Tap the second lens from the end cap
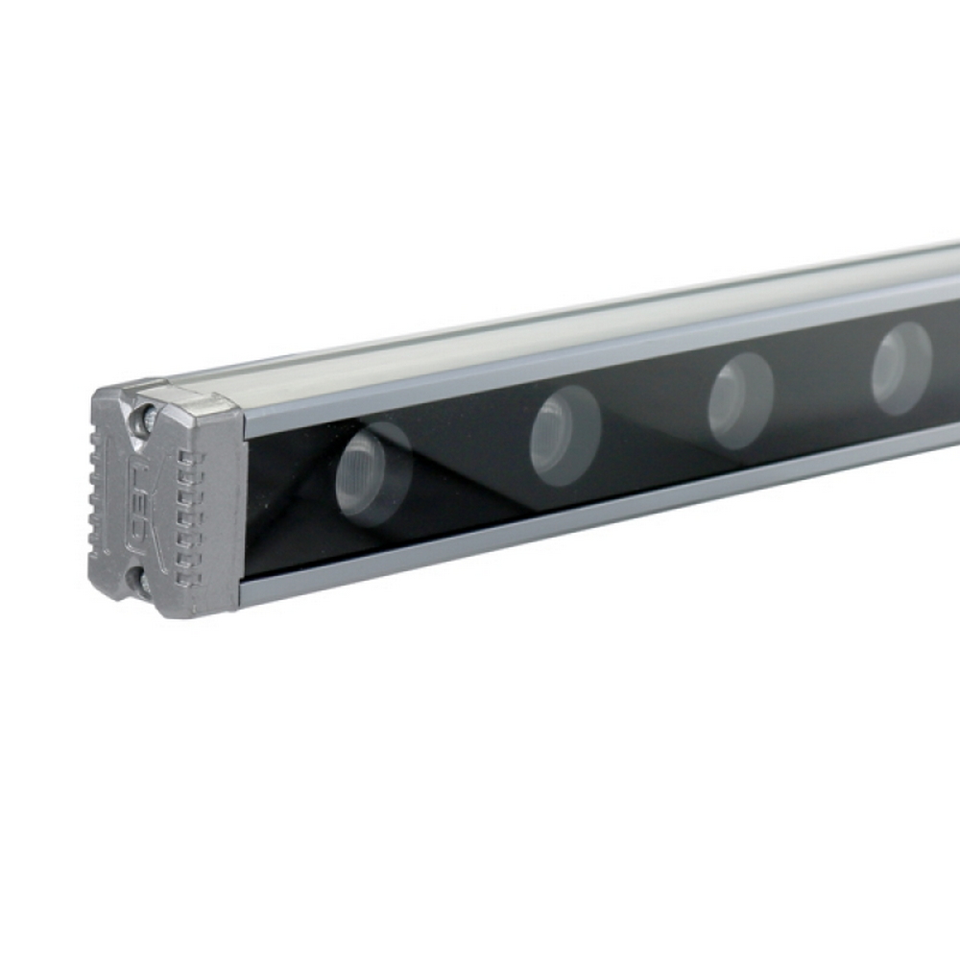point(565,436)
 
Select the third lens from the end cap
point(741,400)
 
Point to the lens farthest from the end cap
point(901,368)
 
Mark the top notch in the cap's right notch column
point(185,458)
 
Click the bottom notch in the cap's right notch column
point(188,580)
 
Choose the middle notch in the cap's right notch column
point(187,518)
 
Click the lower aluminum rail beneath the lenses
point(576,522)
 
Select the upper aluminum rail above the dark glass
point(576,363)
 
